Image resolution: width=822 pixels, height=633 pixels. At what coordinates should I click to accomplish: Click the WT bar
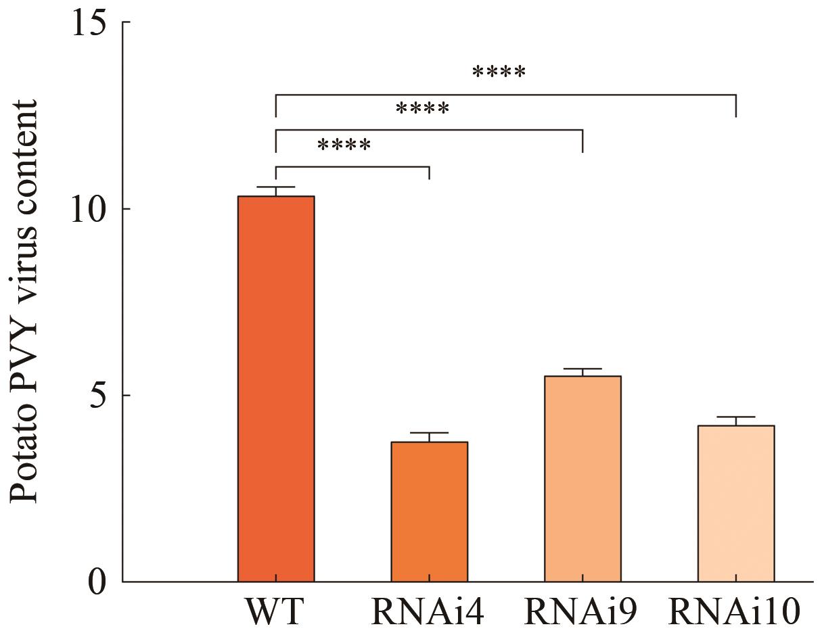276,389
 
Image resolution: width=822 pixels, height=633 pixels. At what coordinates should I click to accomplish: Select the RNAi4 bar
430,512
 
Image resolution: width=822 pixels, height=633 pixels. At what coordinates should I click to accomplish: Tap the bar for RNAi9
583,479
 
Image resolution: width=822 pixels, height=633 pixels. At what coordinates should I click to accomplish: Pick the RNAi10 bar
736,504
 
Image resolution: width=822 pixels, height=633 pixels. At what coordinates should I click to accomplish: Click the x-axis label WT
275,611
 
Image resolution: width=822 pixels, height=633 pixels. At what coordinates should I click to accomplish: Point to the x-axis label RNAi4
428,611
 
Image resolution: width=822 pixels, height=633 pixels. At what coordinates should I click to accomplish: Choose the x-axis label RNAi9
580,611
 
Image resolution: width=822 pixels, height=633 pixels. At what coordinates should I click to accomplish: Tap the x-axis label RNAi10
735,611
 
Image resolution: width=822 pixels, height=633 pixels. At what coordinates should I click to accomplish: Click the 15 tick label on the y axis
88,22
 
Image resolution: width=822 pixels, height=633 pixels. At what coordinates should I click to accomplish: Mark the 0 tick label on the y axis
97,582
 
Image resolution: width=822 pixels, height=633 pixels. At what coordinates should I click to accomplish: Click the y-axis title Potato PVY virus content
24,302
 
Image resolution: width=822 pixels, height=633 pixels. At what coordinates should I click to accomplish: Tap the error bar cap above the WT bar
276,187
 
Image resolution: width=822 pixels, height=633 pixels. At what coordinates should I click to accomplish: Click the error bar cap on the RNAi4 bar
430,433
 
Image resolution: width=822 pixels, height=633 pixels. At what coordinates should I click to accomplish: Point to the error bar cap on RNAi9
583,369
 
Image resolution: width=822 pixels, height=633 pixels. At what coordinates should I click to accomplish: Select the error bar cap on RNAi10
736,417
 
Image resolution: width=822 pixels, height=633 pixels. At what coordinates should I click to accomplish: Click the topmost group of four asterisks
499,72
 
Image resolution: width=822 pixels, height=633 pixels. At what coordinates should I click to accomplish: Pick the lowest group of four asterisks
344,145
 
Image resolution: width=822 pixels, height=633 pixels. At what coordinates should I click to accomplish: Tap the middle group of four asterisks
423,108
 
